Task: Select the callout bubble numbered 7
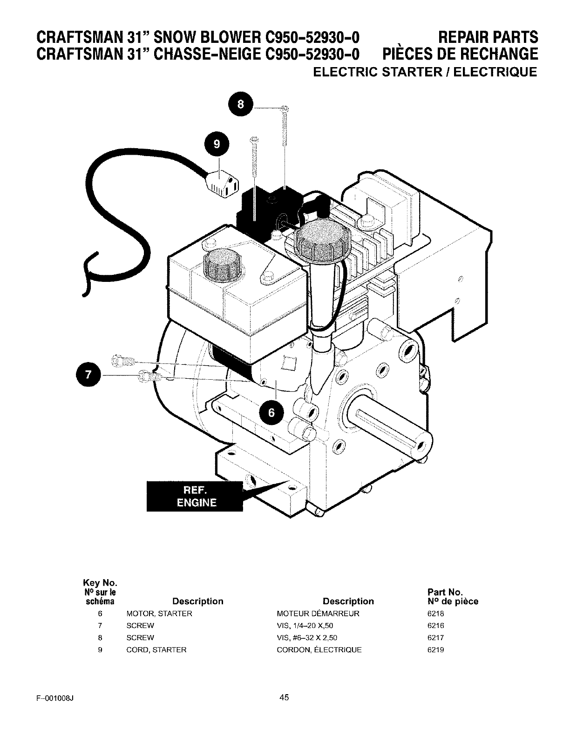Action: coord(88,375)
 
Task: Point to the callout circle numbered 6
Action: coord(271,413)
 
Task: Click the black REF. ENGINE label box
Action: coord(195,496)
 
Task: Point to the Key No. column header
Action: coord(100,583)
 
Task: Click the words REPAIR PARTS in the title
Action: coord(488,37)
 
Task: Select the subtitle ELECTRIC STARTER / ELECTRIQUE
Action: coord(425,72)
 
